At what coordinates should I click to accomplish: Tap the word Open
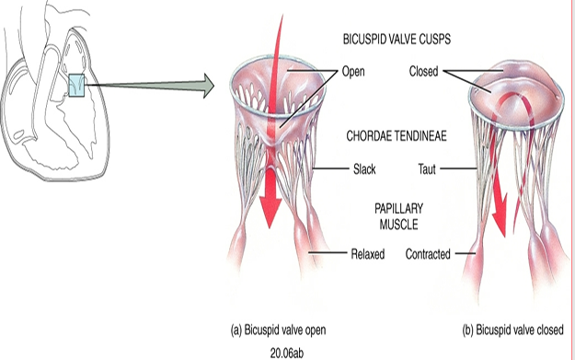pos(353,70)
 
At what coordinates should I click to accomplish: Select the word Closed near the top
pos(423,70)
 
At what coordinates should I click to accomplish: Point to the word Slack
pos(364,169)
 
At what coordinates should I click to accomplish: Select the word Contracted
pos(428,253)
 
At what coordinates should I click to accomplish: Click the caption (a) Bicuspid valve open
pos(277,329)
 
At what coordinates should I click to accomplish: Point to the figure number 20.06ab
pos(278,350)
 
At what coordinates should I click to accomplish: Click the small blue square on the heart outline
pos(77,87)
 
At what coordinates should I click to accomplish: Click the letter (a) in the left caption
pos(236,329)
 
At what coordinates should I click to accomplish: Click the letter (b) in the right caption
pos(469,329)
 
